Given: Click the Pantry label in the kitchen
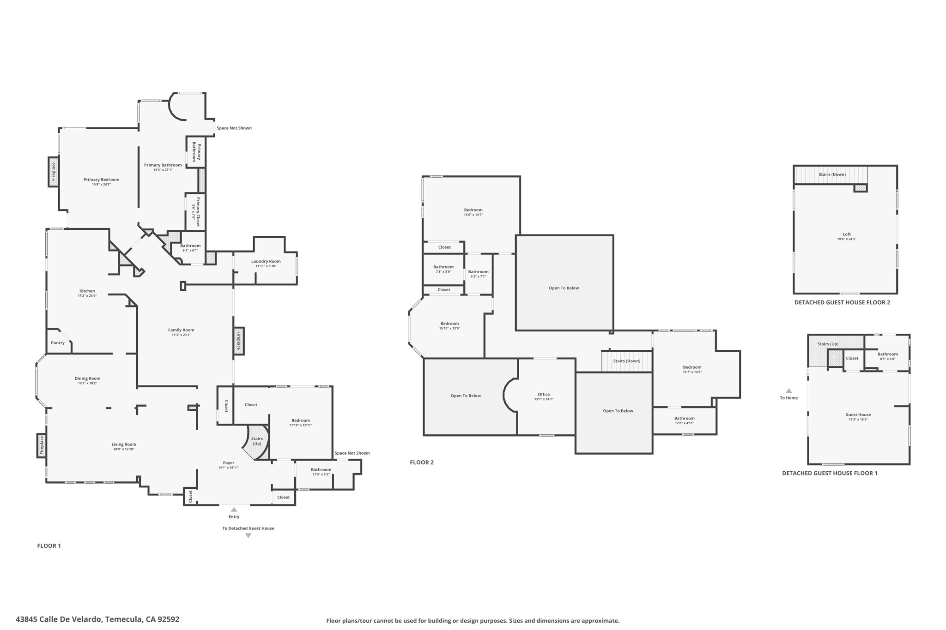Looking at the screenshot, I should coord(58,343).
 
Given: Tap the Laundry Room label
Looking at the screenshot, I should coord(266,261).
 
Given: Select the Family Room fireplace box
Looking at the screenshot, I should coord(239,341).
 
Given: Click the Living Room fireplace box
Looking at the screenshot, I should coord(41,445).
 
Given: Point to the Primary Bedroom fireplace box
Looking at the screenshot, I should coord(54,172).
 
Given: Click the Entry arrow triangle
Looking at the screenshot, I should coord(234,510).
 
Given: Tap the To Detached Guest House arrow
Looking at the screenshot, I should coord(248,536).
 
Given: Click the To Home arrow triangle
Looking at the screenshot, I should coord(788,391).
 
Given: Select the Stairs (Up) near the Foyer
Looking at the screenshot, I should coord(257,441).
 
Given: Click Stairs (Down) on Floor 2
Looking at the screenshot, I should coord(626,361).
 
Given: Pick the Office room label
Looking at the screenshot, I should coord(544,394).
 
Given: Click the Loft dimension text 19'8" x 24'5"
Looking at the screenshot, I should coord(846,239).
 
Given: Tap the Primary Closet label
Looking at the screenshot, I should coord(198,212).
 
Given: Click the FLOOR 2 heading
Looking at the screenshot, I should coord(421,462).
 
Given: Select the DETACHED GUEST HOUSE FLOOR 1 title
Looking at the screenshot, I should coord(829,473).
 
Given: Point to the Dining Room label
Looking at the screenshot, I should coord(87,378).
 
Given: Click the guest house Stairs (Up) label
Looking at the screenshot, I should coord(827,344).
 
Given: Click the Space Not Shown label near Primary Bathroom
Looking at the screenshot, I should coord(234,128).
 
